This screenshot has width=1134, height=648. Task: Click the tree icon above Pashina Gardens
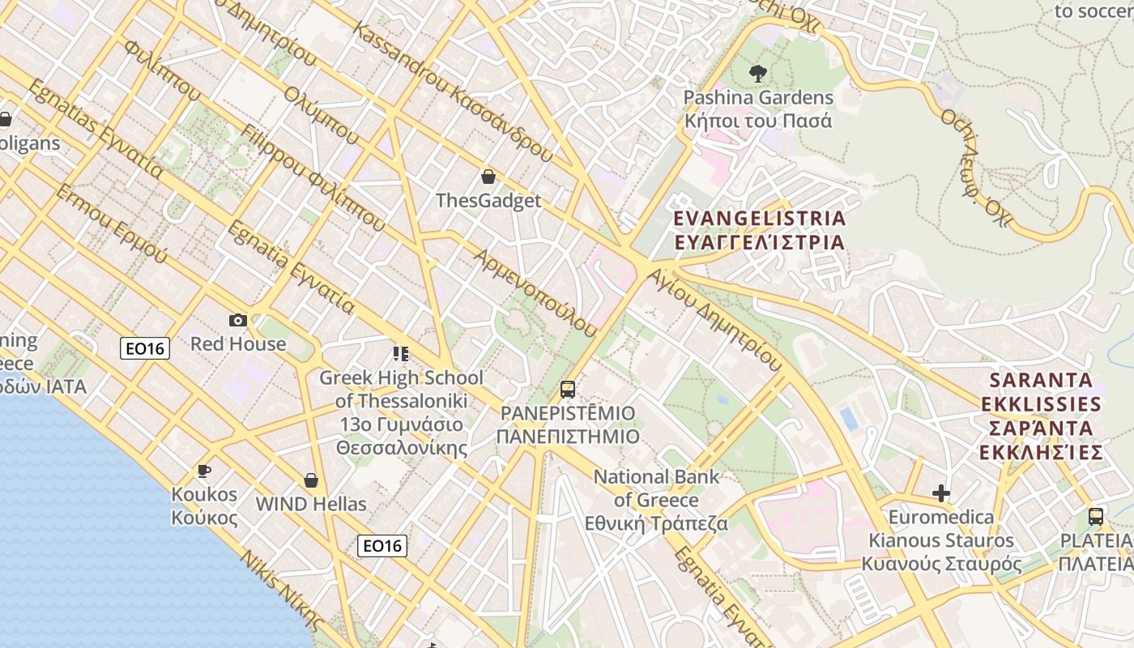coord(758,75)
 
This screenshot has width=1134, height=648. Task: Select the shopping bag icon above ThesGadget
coord(488,177)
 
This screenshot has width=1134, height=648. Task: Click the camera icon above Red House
coord(237,320)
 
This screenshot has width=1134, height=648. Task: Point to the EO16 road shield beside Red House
coord(146,348)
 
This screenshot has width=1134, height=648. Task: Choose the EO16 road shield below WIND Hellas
coord(382,546)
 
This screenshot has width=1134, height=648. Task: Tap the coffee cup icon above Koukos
coord(204,471)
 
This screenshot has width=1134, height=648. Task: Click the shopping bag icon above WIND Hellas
coord(311,481)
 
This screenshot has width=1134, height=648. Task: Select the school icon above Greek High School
coord(400,354)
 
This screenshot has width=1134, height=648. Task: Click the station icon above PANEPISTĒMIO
coord(568,390)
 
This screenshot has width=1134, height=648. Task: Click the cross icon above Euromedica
coord(940,493)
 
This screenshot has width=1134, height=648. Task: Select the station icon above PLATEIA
coord(1095,516)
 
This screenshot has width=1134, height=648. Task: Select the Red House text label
coord(238,343)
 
